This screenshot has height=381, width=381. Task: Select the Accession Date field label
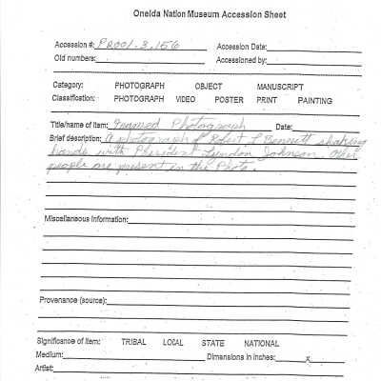(242, 46)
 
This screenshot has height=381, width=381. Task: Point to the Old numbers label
(76, 59)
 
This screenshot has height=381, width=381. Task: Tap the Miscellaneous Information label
(87, 219)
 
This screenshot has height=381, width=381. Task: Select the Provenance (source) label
(73, 300)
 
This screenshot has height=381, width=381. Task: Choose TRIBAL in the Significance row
(134, 341)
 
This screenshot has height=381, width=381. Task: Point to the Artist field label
(47, 368)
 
